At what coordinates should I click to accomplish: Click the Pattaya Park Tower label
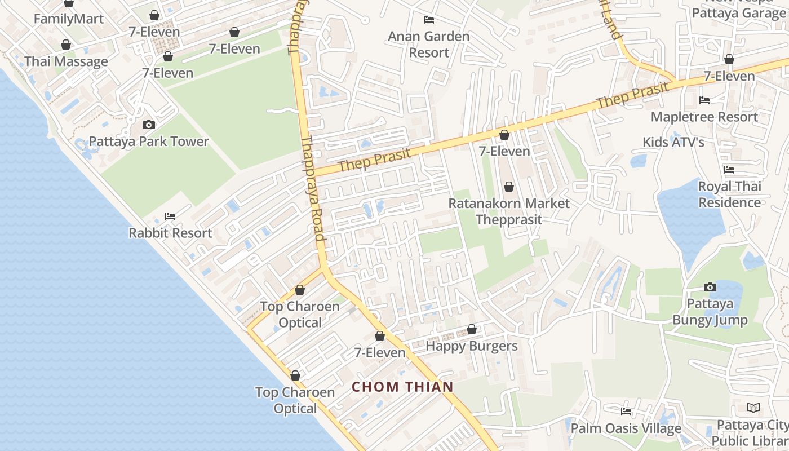[x=149, y=142]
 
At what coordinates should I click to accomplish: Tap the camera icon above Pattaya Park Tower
[x=149, y=125]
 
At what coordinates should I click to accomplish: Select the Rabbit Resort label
[x=170, y=233]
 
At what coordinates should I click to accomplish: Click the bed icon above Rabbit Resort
[x=170, y=216]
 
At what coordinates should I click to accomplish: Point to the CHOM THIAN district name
[x=402, y=387]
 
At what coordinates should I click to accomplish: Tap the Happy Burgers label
[x=471, y=346]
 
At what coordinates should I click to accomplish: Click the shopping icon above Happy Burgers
[x=472, y=329]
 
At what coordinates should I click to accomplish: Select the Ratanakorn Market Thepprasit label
[x=509, y=211]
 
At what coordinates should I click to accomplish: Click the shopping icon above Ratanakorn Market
[x=509, y=186]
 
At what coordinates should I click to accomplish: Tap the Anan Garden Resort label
[x=429, y=45]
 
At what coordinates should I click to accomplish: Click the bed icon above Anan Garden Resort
[x=429, y=20]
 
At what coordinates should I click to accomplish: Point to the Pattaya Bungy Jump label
[x=710, y=312]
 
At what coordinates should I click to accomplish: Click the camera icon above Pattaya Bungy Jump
[x=710, y=287]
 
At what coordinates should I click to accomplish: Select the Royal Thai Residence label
[x=730, y=194]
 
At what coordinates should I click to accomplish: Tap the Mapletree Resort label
[x=704, y=117]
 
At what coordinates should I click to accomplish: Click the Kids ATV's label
[x=673, y=142]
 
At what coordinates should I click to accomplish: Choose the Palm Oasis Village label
[x=626, y=428]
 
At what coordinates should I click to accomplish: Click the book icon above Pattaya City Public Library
[x=753, y=408]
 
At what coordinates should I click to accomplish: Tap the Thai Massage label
[x=66, y=61]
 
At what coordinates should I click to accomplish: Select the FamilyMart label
[x=69, y=19]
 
